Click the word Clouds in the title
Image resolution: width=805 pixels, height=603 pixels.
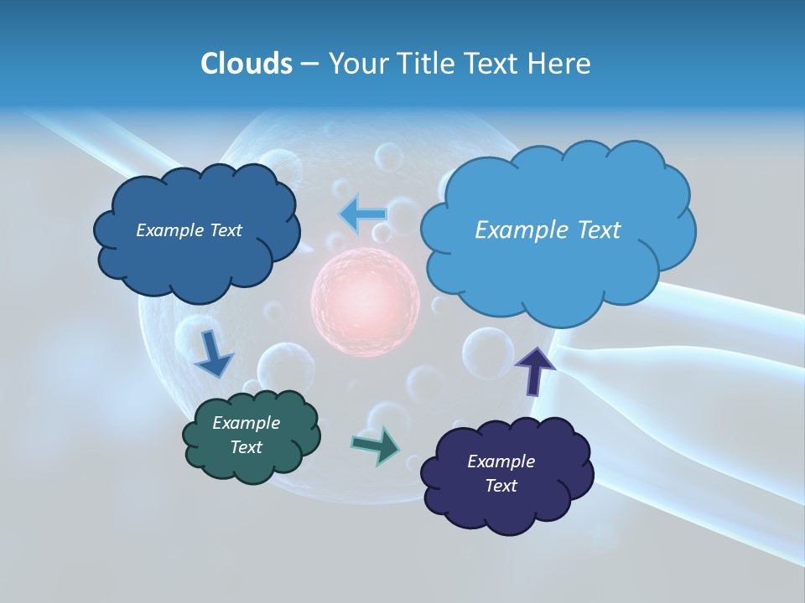(x=246, y=64)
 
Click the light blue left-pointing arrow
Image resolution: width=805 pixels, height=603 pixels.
(x=363, y=214)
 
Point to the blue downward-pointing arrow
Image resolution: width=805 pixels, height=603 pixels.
(x=213, y=353)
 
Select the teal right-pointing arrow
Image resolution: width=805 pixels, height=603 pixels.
(x=377, y=446)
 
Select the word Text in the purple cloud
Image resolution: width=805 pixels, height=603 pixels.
(x=501, y=486)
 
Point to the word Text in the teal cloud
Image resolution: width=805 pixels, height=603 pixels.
(x=247, y=447)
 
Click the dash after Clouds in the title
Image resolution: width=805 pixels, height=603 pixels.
(x=309, y=64)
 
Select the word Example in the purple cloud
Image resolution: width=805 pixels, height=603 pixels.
(x=501, y=461)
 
